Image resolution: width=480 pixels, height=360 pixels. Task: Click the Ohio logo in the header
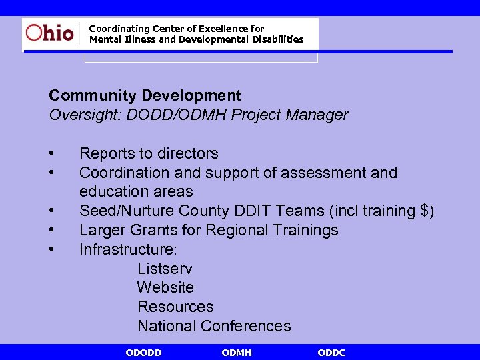coord(50,33)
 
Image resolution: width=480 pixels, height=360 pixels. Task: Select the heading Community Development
coord(145,96)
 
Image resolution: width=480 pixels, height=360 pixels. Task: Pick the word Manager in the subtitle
coord(317,115)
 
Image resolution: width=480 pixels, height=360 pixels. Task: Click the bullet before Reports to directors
coord(52,154)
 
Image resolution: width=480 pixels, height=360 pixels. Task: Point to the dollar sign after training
coord(425,211)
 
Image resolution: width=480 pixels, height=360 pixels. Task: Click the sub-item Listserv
coord(165,269)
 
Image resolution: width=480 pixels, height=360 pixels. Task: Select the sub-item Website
coord(165,287)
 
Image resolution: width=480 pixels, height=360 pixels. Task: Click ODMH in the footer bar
coord(237,353)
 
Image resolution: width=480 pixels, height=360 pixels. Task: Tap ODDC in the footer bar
coord(331,353)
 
